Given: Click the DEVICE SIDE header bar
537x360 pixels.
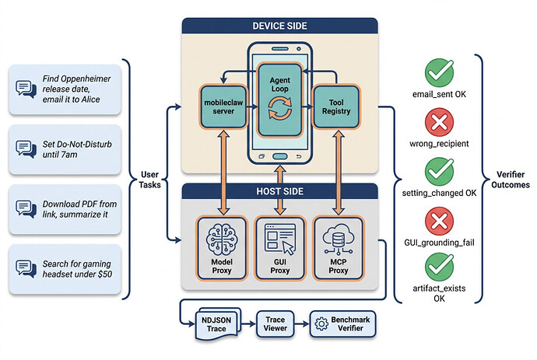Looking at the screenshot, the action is (280, 26).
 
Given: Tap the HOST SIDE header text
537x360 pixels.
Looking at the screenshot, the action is (280, 191).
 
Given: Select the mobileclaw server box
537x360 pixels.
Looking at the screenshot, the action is (223, 107).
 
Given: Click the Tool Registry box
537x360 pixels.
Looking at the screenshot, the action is (336, 107).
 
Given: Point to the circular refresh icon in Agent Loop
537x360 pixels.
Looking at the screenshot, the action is (280, 108).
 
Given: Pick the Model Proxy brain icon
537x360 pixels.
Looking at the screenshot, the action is (222, 239).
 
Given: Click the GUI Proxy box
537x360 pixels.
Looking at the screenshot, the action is (280, 248).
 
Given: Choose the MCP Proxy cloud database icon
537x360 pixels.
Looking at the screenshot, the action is (339, 239).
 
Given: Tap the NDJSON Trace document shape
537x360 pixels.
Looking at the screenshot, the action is (218, 324).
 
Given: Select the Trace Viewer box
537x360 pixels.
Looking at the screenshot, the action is (275, 324).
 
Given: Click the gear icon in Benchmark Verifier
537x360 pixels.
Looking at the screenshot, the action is (321, 323).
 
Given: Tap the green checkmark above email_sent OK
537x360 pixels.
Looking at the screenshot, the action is (440, 72).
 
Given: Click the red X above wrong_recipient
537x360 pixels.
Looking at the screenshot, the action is (440, 122).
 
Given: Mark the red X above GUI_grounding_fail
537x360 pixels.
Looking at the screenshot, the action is (440, 221).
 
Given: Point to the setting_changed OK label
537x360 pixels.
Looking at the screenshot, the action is (439, 193).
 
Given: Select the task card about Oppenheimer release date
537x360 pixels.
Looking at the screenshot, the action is (65, 89).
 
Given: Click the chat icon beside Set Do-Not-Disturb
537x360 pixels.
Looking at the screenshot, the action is (26, 149).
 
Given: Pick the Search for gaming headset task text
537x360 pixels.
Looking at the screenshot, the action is (77, 269).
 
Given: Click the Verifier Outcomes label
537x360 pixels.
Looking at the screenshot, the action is (511, 180).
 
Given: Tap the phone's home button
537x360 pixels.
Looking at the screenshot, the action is (280, 157).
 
